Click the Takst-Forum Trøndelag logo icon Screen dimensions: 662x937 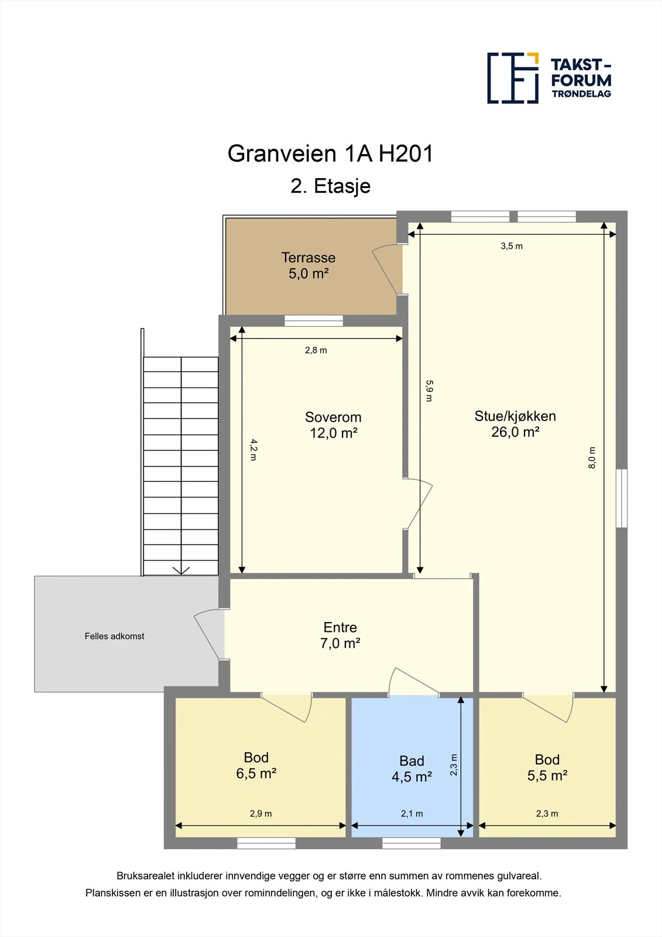(x=513, y=78)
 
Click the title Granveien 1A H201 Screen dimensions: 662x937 (x=330, y=153)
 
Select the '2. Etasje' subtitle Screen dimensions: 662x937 (x=330, y=186)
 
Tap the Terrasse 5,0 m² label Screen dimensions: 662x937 (x=308, y=265)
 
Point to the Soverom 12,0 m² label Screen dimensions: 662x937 (x=333, y=425)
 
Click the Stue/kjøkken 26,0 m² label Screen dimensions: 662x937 (x=515, y=424)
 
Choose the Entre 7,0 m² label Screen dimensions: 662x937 (x=340, y=635)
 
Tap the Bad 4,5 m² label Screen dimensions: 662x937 (x=412, y=768)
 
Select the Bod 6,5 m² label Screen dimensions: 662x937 (x=256, y=765)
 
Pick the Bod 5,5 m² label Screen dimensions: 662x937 (x=547, y=767)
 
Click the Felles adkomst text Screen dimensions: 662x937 (x=114, y=636)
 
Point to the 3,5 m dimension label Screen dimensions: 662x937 (x=512, y=246)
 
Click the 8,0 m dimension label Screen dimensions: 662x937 (x=592, y=457)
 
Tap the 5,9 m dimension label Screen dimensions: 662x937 (x=429, y=391)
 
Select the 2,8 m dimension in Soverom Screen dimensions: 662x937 (x=315, y=350)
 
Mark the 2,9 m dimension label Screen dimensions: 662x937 (x=260, y=813)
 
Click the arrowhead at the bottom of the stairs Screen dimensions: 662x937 (x=181, y=570)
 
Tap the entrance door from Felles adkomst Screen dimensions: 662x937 (x=207, y=634)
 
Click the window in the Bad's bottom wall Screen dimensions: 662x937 (x=411, y=843)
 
